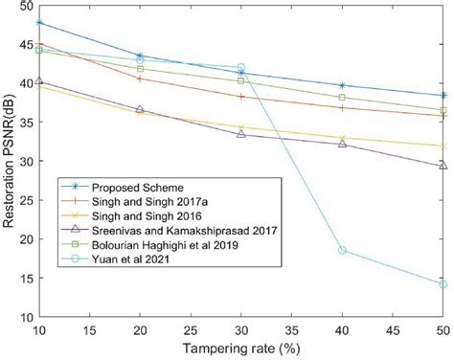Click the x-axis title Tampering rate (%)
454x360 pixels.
[240, 349]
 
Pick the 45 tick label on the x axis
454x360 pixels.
[393, 329]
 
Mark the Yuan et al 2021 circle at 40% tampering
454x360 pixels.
[342, 250]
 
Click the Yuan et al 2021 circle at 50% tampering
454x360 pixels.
[443, 283]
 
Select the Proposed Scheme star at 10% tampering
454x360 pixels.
[38, 22]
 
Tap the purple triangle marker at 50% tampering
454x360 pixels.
[443, 165]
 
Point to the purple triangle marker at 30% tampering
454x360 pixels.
[240, 134]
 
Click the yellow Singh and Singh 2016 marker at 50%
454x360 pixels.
[443, 146]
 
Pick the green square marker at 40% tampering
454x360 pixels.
[342, 98]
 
